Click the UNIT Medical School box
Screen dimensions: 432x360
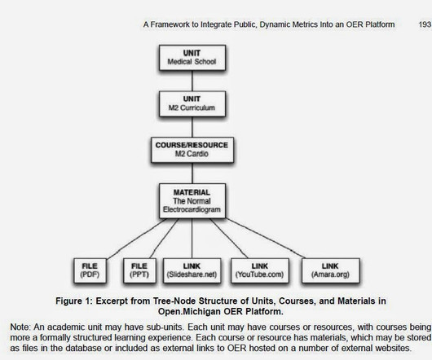coord(192,58)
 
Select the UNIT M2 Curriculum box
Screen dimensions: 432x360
coord(192,103)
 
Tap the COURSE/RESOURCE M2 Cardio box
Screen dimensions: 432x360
coord(192,150)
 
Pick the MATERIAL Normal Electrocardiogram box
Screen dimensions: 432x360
coord(192,201)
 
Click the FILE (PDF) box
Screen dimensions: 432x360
coord(90,270)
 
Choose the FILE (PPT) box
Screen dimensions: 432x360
coord(139,270)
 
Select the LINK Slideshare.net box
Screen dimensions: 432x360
coord(192,270)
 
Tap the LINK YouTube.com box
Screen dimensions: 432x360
coord(259,270)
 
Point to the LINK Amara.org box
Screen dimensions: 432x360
coord(331,270)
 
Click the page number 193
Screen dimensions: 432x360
coord(425,24)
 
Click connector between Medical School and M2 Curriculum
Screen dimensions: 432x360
coord(192,81)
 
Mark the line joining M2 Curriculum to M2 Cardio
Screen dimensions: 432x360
coord(192,127)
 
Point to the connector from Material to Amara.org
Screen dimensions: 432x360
coord(266,239)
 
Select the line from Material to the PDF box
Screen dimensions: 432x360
coord(137,239)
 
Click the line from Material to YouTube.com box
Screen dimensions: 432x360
coord(229,239)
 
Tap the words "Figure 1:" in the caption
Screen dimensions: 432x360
coord(73,301)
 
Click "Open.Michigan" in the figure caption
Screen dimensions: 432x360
coord(190,312)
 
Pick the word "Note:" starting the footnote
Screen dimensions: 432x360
coord(20,327)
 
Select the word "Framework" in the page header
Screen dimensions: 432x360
coord(170,24)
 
